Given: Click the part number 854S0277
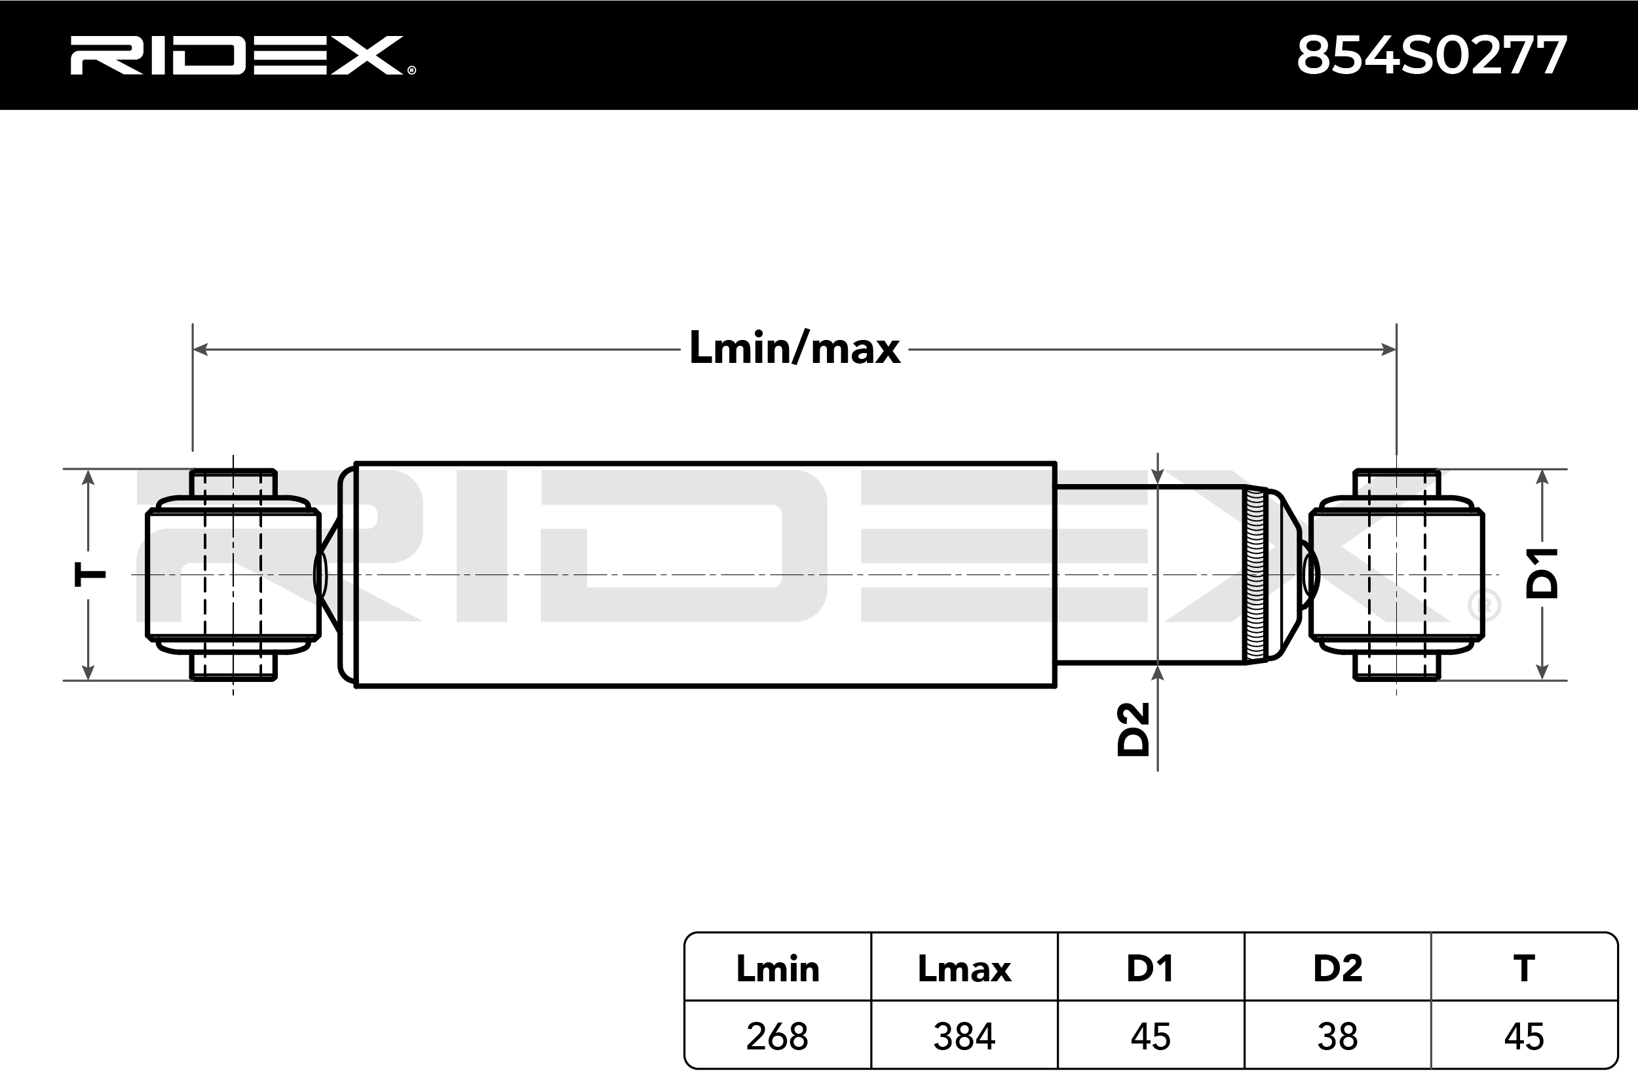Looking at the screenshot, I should tap(1431, 56).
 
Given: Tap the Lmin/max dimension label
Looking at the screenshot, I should tap(794, 348).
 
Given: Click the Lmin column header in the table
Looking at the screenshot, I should tap(777, 969).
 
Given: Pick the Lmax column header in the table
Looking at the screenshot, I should tap(964, 969).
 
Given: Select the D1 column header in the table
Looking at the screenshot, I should tap(1151, 969).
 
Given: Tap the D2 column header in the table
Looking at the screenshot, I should tap(1337, 969).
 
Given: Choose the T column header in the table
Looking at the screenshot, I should tap(1524, 969).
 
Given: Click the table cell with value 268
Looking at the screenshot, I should tap(777, 1036).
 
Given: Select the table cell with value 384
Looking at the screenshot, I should tap(964, 1036).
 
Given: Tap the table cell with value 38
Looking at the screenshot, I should tap(1337, 1036).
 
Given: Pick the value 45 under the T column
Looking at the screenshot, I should tap(1524, 1036).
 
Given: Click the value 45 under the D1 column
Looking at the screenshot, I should tap(1151, 1036).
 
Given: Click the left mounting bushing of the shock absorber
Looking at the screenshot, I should tap(233, 575).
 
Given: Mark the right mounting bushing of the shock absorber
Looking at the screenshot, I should tap(1396, 575).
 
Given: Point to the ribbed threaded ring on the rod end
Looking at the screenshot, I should tap(1255, 575).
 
